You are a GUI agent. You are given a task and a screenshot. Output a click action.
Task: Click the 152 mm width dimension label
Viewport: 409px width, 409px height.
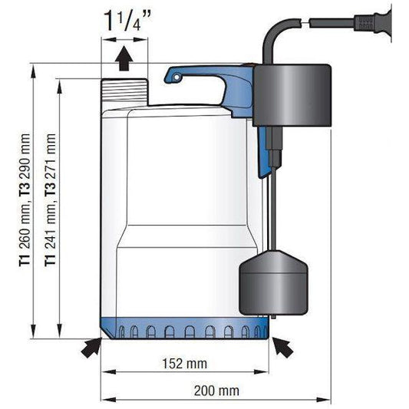click(185, 364)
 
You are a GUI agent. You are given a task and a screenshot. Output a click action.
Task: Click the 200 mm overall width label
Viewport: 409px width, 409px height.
click(216, 391)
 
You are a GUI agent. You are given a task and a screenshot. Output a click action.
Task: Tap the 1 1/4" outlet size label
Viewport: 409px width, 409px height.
click(127, 21)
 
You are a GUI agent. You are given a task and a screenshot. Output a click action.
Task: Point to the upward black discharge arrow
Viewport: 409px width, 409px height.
click(124, 58)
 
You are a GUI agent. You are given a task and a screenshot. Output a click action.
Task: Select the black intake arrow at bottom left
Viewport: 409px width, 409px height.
click(91, 348)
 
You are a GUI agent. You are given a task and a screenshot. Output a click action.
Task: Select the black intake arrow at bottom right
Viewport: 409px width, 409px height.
click(282, 347)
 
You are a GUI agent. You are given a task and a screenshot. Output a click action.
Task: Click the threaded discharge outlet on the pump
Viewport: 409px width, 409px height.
click(124, 92)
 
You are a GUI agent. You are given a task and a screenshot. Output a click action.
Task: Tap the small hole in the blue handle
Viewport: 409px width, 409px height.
click(177, 78)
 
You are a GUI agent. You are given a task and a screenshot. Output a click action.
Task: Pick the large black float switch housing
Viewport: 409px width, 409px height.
click(292, 95)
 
